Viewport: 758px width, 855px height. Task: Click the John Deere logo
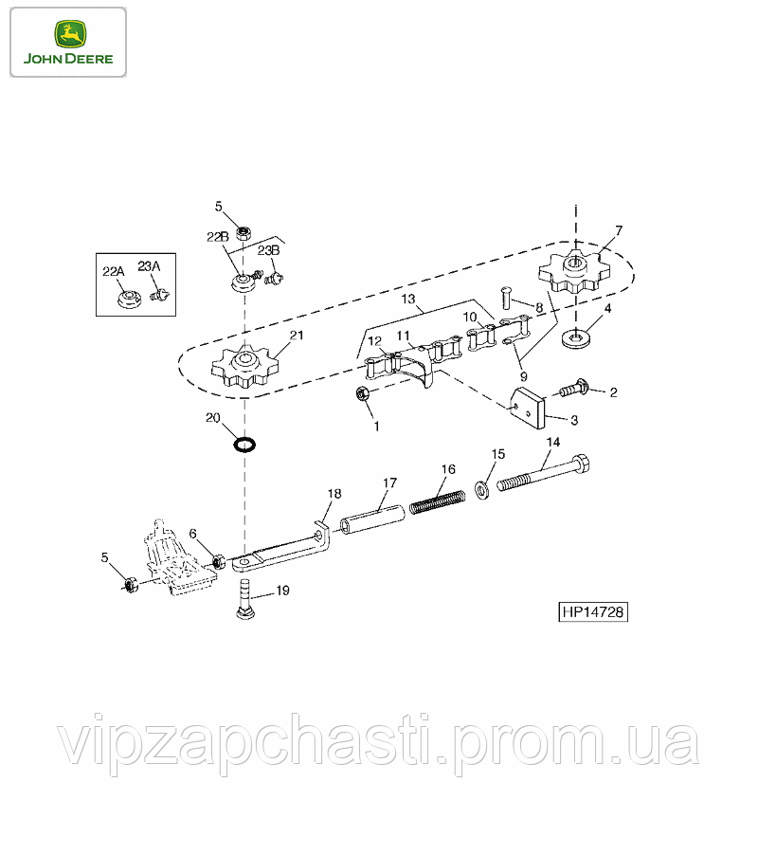(68, 42)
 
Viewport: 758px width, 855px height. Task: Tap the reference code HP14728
(593, 611)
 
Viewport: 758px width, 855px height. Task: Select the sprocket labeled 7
(574, 271)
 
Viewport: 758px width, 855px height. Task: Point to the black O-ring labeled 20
(244, 444)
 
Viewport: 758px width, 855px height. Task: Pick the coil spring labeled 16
(437, 501)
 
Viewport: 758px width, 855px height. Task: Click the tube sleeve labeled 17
(372, 519)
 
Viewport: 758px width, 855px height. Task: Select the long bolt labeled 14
(544, 473)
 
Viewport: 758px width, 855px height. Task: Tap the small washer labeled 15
(482, 488)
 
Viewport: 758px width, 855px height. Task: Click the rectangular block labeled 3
(528, 408)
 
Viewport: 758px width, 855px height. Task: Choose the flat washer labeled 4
(574, 338)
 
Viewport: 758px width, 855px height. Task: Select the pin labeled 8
(507, 299)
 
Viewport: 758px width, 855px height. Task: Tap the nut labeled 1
(361, 392)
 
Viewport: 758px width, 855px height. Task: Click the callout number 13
(408, 299)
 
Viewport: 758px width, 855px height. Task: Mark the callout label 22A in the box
(114, 271)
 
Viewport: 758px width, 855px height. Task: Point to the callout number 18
(334, 494)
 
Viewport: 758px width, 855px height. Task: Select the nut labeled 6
(219, 560)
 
